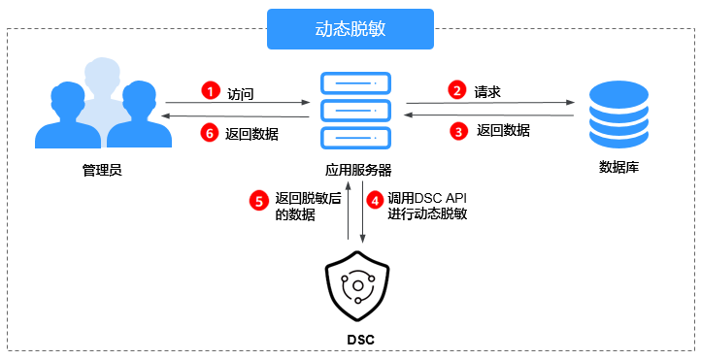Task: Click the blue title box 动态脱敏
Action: click(x=350, y=28)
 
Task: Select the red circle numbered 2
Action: click(x=457, y=90)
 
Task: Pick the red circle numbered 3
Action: click(x=457, y=130)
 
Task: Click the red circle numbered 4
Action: click(x=375, y=201)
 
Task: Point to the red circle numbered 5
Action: click(x=258, y=201)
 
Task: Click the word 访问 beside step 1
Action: click(x=241, y=93)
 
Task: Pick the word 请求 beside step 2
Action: click(x=487, y=92)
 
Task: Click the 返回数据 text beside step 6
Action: click(x=251, y=134)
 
